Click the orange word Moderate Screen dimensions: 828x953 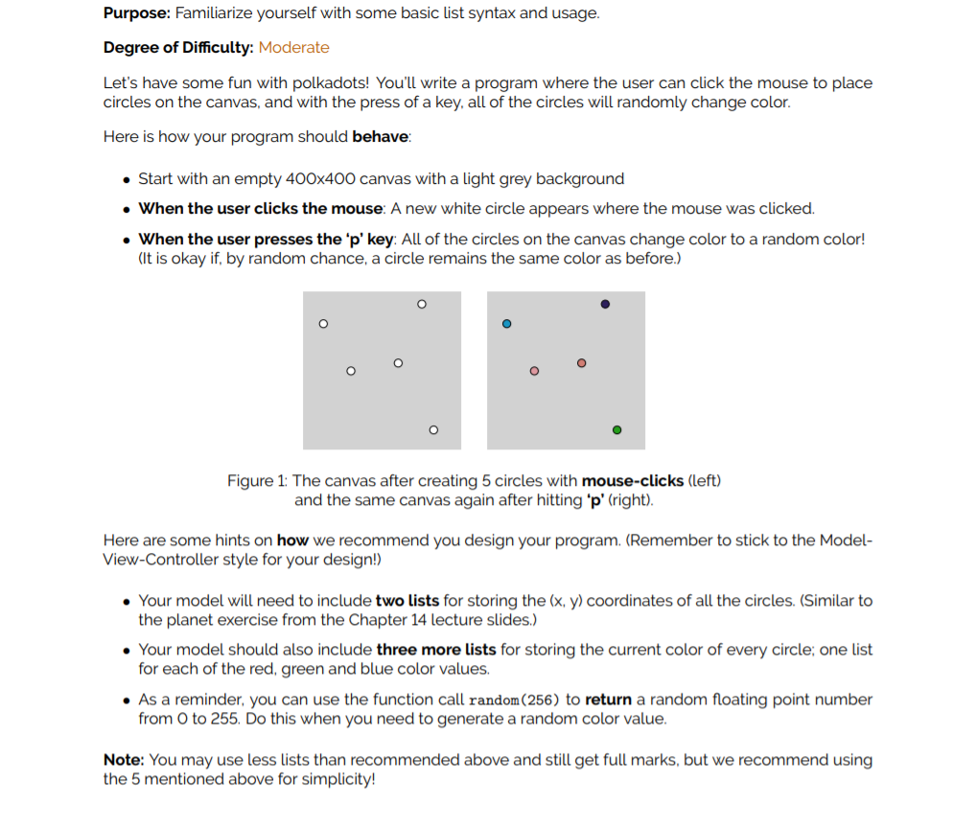tap(293, 47)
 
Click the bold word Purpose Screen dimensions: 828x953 tap(136, 13)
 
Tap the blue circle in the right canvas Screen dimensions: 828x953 tap(507, 324)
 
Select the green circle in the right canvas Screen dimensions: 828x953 tap(616, 430)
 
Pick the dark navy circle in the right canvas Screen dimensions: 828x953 tap(605, 304)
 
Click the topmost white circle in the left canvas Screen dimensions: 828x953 tap(421, 304)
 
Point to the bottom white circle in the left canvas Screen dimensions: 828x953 tap(432, 430)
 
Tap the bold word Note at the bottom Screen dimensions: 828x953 tap(124, 760)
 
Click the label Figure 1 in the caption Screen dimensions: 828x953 tap(257, 480)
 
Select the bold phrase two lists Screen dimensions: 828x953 tap(407, 601)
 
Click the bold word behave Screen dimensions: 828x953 tap(380, 136)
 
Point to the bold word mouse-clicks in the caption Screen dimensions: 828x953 tap(633, 480)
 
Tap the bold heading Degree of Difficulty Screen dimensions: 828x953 tap(178, 47)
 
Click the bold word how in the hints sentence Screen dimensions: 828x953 tap(291, 540)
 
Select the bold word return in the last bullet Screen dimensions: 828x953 tap(608, 700)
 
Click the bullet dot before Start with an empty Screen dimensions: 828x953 tap(127, 179)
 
